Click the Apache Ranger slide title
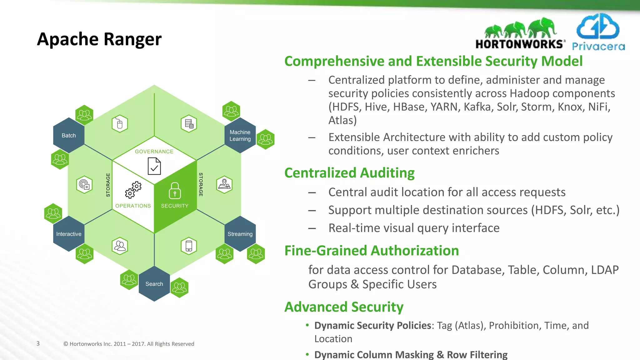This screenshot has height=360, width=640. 99,39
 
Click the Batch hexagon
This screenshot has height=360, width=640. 69,136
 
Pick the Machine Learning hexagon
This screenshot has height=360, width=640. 240,136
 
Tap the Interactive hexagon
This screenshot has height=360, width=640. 69,234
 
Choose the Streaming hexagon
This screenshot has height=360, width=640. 240,234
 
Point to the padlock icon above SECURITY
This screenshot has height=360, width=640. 175,191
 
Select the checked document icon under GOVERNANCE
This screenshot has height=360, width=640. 154,166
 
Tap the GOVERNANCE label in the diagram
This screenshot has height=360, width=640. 154,152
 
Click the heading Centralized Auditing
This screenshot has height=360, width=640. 349,173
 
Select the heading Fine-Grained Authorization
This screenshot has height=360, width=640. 372,251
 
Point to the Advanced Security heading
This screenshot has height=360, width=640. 344,307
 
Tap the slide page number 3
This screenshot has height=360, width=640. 38,343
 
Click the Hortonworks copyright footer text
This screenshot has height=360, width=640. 129,344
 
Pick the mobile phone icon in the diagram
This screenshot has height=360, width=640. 189,246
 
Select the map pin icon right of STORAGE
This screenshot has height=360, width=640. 224,184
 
